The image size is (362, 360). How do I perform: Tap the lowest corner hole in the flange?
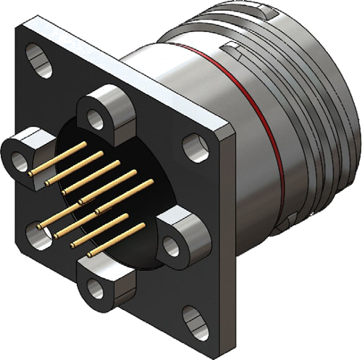point(193,319)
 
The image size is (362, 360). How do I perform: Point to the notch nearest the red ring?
point(230,51)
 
